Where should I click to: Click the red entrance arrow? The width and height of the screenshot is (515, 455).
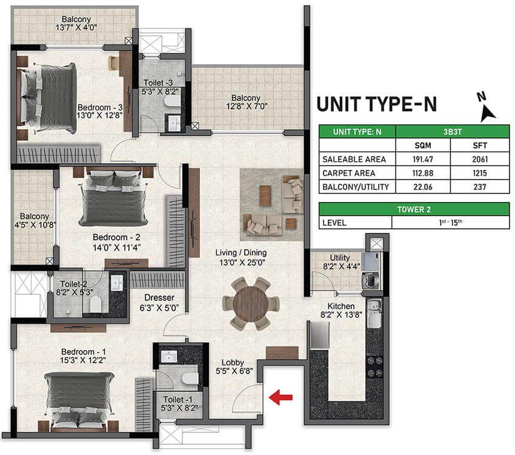[281, 397]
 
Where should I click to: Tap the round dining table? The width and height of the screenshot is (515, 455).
[251, 303]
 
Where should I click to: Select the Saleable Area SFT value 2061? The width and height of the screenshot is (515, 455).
[480, 160]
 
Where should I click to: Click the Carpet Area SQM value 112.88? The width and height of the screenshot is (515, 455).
[423, 174]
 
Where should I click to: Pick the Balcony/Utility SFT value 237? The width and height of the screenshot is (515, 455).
[480, 187]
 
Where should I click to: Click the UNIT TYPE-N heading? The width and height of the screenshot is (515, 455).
[377, 104]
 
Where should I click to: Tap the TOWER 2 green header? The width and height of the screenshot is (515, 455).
[414, 209]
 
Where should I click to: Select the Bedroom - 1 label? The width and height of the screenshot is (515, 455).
[84, 351]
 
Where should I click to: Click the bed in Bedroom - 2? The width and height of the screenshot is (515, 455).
[113, 197]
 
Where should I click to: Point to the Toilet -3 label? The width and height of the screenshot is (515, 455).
[158, 83]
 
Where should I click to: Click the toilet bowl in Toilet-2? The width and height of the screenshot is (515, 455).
[95, 304]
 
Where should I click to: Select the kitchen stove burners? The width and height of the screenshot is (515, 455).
[375, 367]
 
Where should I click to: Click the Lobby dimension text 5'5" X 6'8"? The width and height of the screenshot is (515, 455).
[234, 371]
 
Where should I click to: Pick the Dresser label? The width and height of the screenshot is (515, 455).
[159, 297]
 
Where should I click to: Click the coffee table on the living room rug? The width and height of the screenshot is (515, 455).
[265, 195]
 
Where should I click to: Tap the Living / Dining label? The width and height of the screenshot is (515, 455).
[241, 252]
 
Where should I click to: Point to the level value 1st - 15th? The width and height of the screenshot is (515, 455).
[451, 223]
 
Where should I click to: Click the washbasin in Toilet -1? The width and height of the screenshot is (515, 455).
[169, 356]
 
